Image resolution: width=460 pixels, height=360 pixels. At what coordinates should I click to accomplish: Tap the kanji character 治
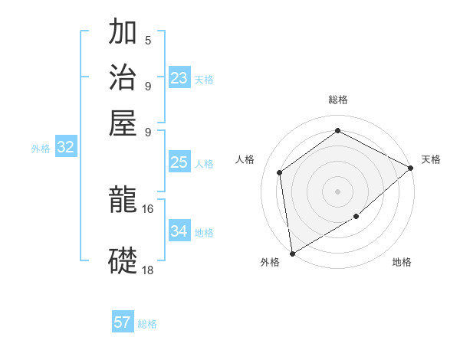click(123, 77)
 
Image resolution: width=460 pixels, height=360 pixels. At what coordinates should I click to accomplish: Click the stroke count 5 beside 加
click(148, 40)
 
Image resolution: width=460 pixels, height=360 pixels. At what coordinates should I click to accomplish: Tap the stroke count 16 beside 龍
click(148, 208)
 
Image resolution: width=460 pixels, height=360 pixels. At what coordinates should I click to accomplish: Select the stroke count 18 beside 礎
click(148, 270)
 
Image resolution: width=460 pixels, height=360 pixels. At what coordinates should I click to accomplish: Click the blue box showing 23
click(179, 78)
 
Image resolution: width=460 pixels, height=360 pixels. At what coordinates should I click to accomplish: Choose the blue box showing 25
click(179, 162)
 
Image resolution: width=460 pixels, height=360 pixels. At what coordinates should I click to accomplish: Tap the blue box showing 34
click(179, 231)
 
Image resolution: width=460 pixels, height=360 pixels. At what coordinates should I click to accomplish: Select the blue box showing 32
click(65, 148)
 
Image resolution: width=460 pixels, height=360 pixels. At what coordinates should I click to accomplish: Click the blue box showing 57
click(123, 322)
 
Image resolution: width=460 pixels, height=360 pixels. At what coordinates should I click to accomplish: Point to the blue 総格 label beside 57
click(148, 324)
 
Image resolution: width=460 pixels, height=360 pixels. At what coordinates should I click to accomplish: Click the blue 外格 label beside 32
click(41, 149)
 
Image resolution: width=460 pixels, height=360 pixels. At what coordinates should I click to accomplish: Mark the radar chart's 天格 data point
click(411, 169)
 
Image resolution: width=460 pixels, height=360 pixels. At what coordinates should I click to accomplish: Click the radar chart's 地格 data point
click(356, 217)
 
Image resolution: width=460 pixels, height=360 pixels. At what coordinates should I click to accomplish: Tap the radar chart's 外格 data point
click(292, 253)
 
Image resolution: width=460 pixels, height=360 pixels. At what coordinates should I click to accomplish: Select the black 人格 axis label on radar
click(245, 159)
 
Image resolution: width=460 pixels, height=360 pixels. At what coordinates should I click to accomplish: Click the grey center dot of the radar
click(337, 191)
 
